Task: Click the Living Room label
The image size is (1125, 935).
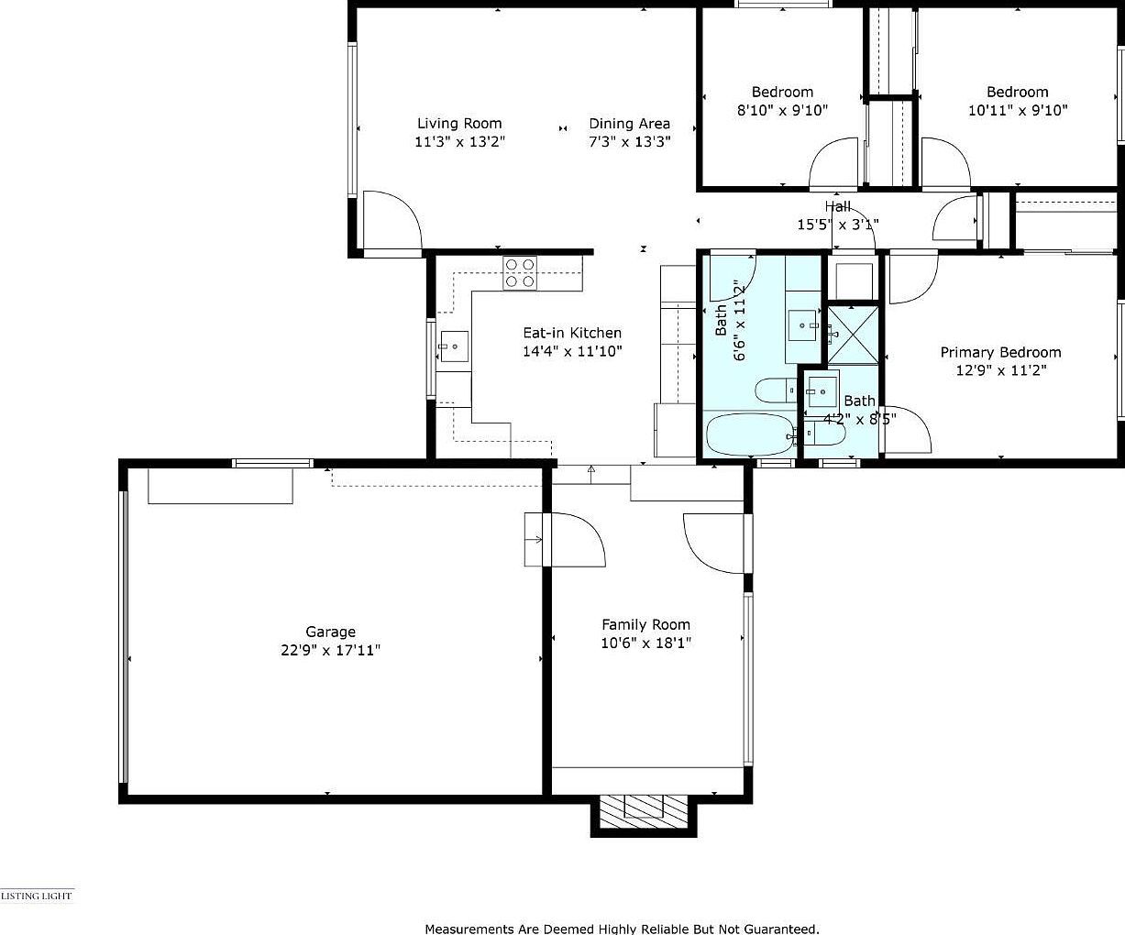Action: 459,124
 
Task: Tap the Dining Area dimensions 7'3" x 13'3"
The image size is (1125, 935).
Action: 629,142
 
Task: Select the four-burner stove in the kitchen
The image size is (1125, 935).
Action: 520,273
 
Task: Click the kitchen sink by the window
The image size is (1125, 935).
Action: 452,346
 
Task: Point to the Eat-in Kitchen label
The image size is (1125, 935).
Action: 572,334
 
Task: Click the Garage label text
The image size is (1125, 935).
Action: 330,632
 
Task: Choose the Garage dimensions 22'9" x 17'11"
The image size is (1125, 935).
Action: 330,650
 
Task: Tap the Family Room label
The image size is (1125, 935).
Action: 645,625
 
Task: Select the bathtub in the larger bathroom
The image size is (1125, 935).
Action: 749,434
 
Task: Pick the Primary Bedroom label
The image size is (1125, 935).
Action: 1000,353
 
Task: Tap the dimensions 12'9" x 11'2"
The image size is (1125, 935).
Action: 1000,370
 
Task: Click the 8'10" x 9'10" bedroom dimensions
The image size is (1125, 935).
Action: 782,110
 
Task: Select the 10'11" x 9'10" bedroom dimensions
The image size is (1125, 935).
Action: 1018,110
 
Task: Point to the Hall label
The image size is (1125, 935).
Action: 837,207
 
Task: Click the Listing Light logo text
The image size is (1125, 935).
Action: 37,896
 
